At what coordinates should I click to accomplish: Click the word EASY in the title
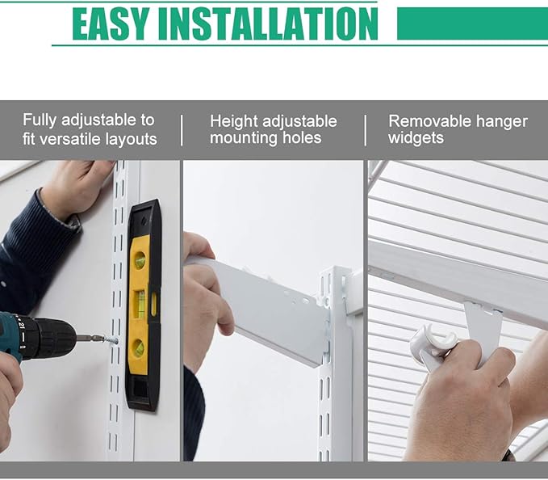(x=111, y=23)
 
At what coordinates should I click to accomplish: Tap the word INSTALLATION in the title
(x=268, y=23)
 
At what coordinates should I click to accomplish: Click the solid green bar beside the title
(x=472, y=23)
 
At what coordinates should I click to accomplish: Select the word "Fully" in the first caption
(x=40, y=120)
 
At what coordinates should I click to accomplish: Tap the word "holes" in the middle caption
(x=302, y=137)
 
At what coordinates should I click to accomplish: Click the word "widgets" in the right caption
(x=416, y=138)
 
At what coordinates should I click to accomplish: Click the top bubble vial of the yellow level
(x=140, y=260)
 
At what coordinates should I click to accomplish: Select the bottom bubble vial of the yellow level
(x=138, y=347)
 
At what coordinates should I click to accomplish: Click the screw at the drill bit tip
(x=111, y=339)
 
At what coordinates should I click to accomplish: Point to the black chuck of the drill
(x=53, y=338)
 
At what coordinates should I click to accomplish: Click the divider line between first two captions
(x=182, y=130)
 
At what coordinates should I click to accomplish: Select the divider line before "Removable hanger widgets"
(x=366, y=130)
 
